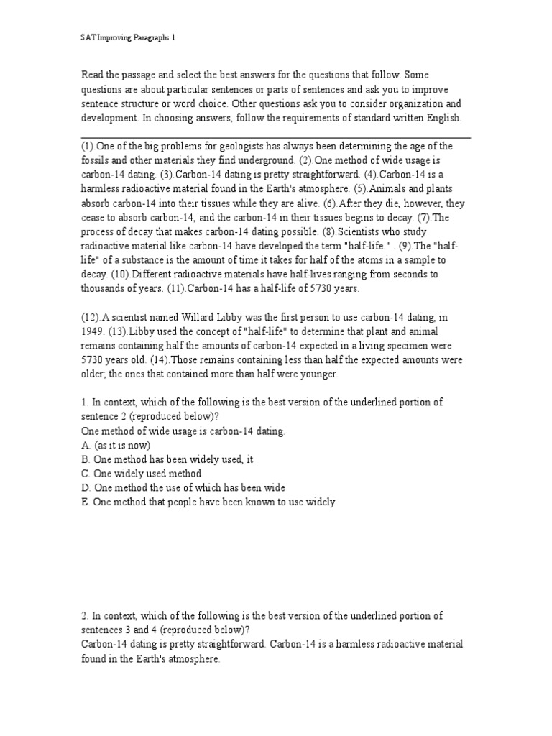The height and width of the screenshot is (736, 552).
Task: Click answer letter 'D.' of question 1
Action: coord(86,488)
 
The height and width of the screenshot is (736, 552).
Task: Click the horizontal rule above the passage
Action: coord(275,136)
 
